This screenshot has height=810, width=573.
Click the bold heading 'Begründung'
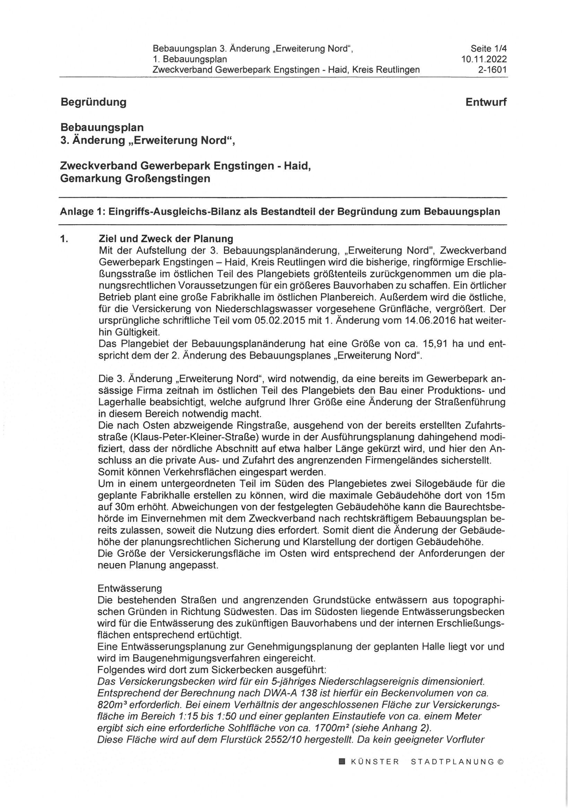[93, 102]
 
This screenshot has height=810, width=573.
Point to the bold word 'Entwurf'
[486, 102]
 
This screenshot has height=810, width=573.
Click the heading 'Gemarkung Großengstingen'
[135, 179]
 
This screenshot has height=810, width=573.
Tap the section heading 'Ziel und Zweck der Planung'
[166, 239]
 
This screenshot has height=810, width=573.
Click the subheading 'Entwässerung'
[130, 588]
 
